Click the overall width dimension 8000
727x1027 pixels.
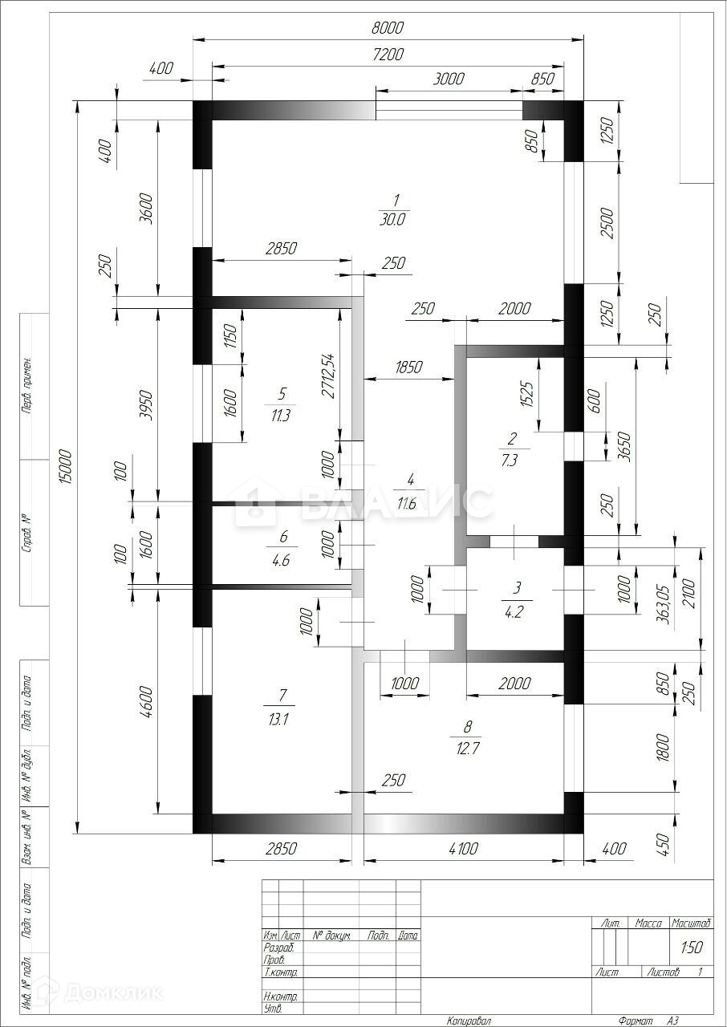(388, 28)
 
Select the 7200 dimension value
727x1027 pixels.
(388, 55)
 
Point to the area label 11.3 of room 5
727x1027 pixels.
(281, 416)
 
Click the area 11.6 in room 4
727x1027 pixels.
(410, 504)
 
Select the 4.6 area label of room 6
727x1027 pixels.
(281, 560)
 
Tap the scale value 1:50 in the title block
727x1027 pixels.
(692, 947)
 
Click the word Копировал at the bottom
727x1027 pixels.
(469, 1021)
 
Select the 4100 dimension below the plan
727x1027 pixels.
(463, 848)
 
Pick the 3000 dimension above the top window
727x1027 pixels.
(449, 79)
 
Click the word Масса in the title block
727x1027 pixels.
(648, 923)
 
